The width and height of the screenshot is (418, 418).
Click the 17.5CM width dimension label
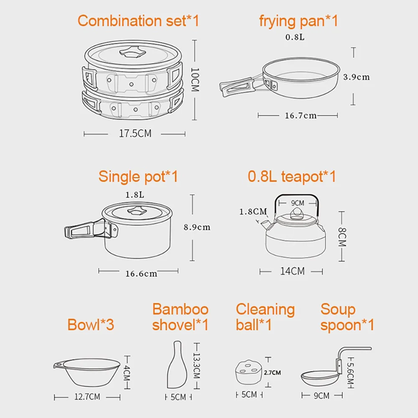135,134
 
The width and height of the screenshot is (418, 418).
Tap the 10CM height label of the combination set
195,79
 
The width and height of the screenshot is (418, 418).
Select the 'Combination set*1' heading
138,21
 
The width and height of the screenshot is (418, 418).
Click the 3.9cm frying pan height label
356,77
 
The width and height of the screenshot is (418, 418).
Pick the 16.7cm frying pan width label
301,115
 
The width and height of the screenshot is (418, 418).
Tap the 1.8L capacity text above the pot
135,195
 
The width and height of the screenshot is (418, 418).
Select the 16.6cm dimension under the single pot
141,274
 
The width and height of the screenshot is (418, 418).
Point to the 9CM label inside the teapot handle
297,203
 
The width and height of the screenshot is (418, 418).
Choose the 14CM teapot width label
292,271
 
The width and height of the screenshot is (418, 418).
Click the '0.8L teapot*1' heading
292,176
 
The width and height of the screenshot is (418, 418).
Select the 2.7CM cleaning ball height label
272,372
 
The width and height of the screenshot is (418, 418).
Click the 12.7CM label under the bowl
87,397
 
